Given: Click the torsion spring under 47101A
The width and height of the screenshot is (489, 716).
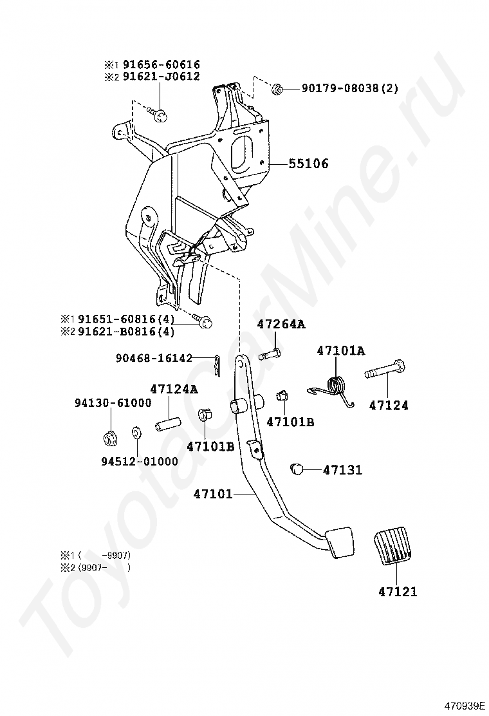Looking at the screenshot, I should click(x=336, y=388).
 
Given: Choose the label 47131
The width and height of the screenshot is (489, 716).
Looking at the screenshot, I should click(x=342, y=470).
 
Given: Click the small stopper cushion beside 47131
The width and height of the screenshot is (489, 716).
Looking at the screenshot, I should click(x=297, y=468).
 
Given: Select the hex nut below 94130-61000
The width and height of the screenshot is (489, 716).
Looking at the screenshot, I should click(x=109, y=438).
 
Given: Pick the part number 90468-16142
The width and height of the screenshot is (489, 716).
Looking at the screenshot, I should click(x=154, y=358).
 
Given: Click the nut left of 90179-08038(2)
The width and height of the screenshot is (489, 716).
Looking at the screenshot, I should click(x=277, y=88).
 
